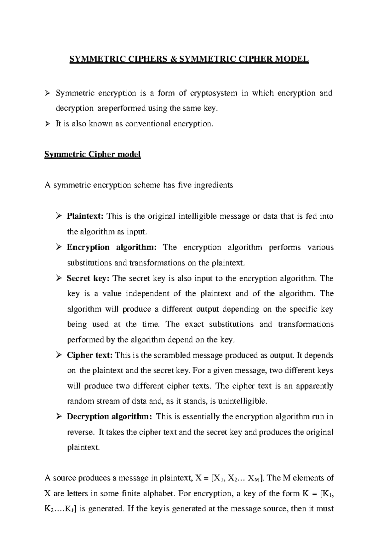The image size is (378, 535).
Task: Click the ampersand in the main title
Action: [173, 59]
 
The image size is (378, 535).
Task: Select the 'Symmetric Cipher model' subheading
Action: [92, 154]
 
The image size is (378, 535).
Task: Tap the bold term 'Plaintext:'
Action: [85, 216]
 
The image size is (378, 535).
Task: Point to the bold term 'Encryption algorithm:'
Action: [112, 247]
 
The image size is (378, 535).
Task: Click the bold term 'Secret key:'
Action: [88, 278]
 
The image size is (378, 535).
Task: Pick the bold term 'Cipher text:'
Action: [89, 355]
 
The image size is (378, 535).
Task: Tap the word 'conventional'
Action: [148, 124]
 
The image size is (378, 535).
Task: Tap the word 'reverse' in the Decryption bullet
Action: [80, 432]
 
